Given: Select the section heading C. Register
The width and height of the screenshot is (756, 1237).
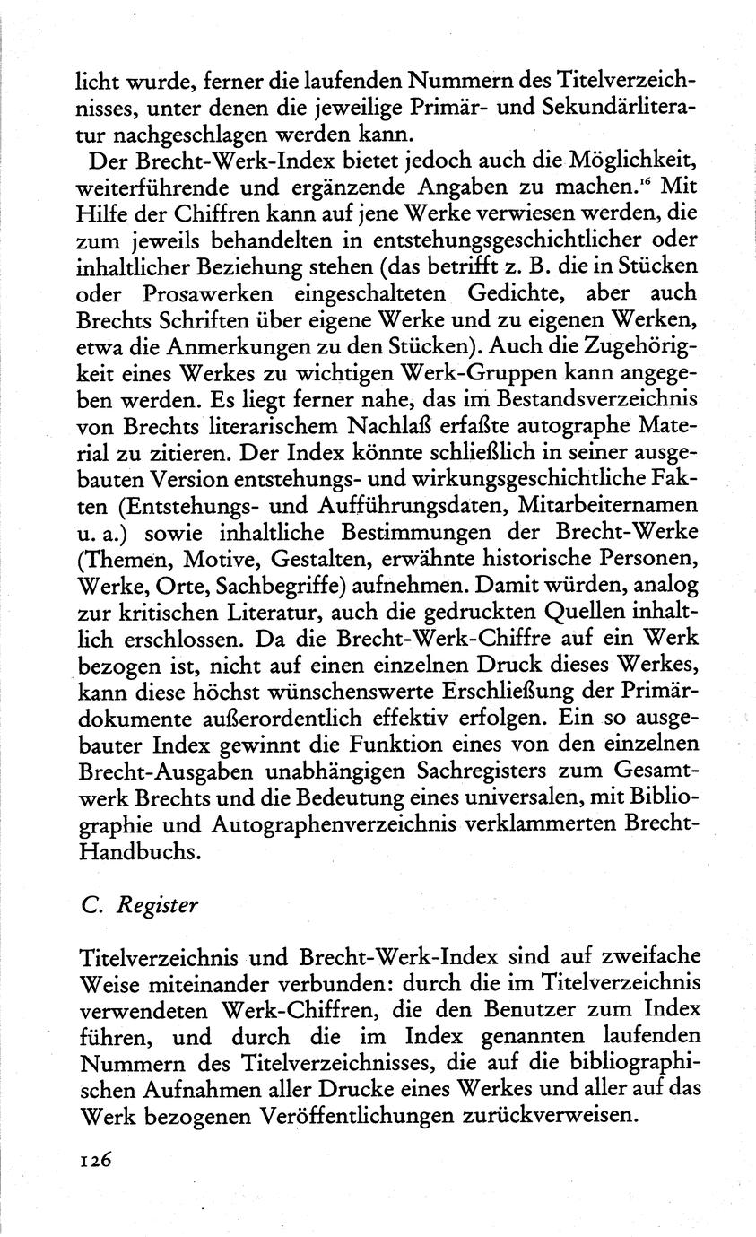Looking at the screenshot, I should [139, 904].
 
